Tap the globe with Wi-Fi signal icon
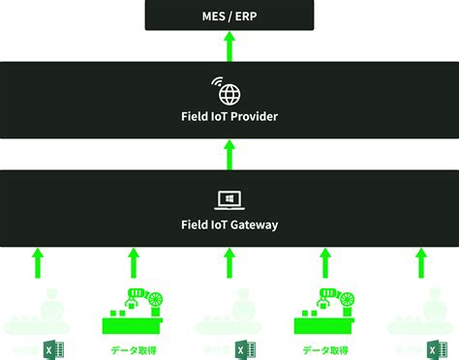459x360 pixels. pos(229,91)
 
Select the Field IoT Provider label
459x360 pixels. pos(229,117)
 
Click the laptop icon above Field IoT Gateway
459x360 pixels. pos(229,199)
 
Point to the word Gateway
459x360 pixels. pos(255,225)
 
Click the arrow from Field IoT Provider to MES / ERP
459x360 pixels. pos(229,45)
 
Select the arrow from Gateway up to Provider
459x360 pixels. pos(229,154)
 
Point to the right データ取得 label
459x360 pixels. pos(323,349)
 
